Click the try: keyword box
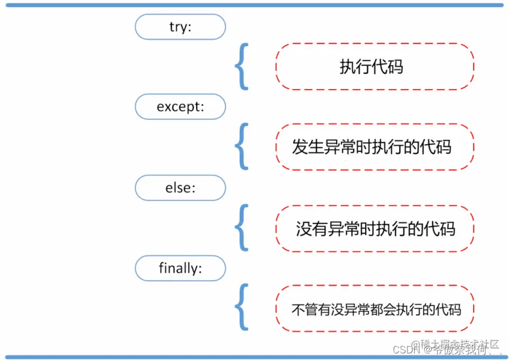pyautogui.click(x=180, y=26)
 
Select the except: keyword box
pyautogui.click(x=180, y=107)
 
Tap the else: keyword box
pyautogui.click(x=180, y=188)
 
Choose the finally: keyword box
pyautogui.click(x=180, y=269)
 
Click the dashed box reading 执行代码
pyautogui.click(x=375, y=67)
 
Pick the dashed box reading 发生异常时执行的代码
pyautogui.click(x=375, y=147)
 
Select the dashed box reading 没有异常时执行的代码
pyautogui.click(x=375, y=228)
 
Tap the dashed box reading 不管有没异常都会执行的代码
pyautogui.click(x=375, y=309)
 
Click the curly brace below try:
pyautogui.click(x=241, y=67)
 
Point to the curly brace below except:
pyautogui.click(x=241, y=147)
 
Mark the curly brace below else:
pyautogui.click(x=241, y=228)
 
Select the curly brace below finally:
pyautogui.click(x=241, y=308)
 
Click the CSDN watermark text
pyautogui.click(x=406, y=350)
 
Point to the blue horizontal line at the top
pyautogui.click(x=254, y=5)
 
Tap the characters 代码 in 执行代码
pyautogui.click(x=387, y=67)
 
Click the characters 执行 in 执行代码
pyautogui.click(x=355, y=67)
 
